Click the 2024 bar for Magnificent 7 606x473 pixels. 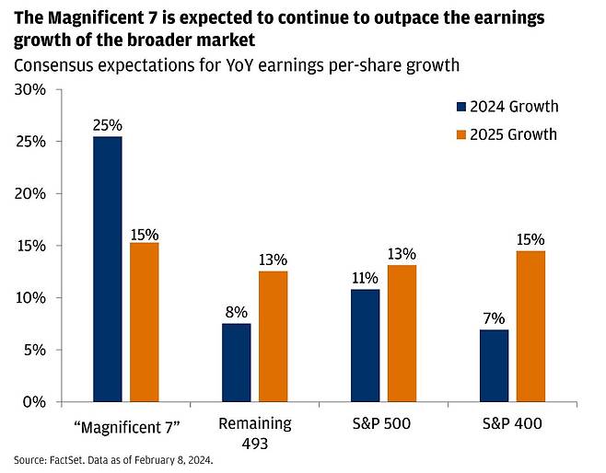click(108, 269)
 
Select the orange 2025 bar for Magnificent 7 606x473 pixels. click(144, 322)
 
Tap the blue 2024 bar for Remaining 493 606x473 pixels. click(237, 363)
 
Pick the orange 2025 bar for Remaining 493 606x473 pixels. click(274, 337)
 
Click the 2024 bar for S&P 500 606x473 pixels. click(366, 346)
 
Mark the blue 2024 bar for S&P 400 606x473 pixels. click(495, 366)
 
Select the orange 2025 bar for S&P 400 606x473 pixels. click(530, 327)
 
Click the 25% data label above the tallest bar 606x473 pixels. click(108, 124)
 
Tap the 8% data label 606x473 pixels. click(237, 312)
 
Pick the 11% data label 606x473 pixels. click(366, 277)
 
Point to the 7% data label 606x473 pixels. click(495, 317)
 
